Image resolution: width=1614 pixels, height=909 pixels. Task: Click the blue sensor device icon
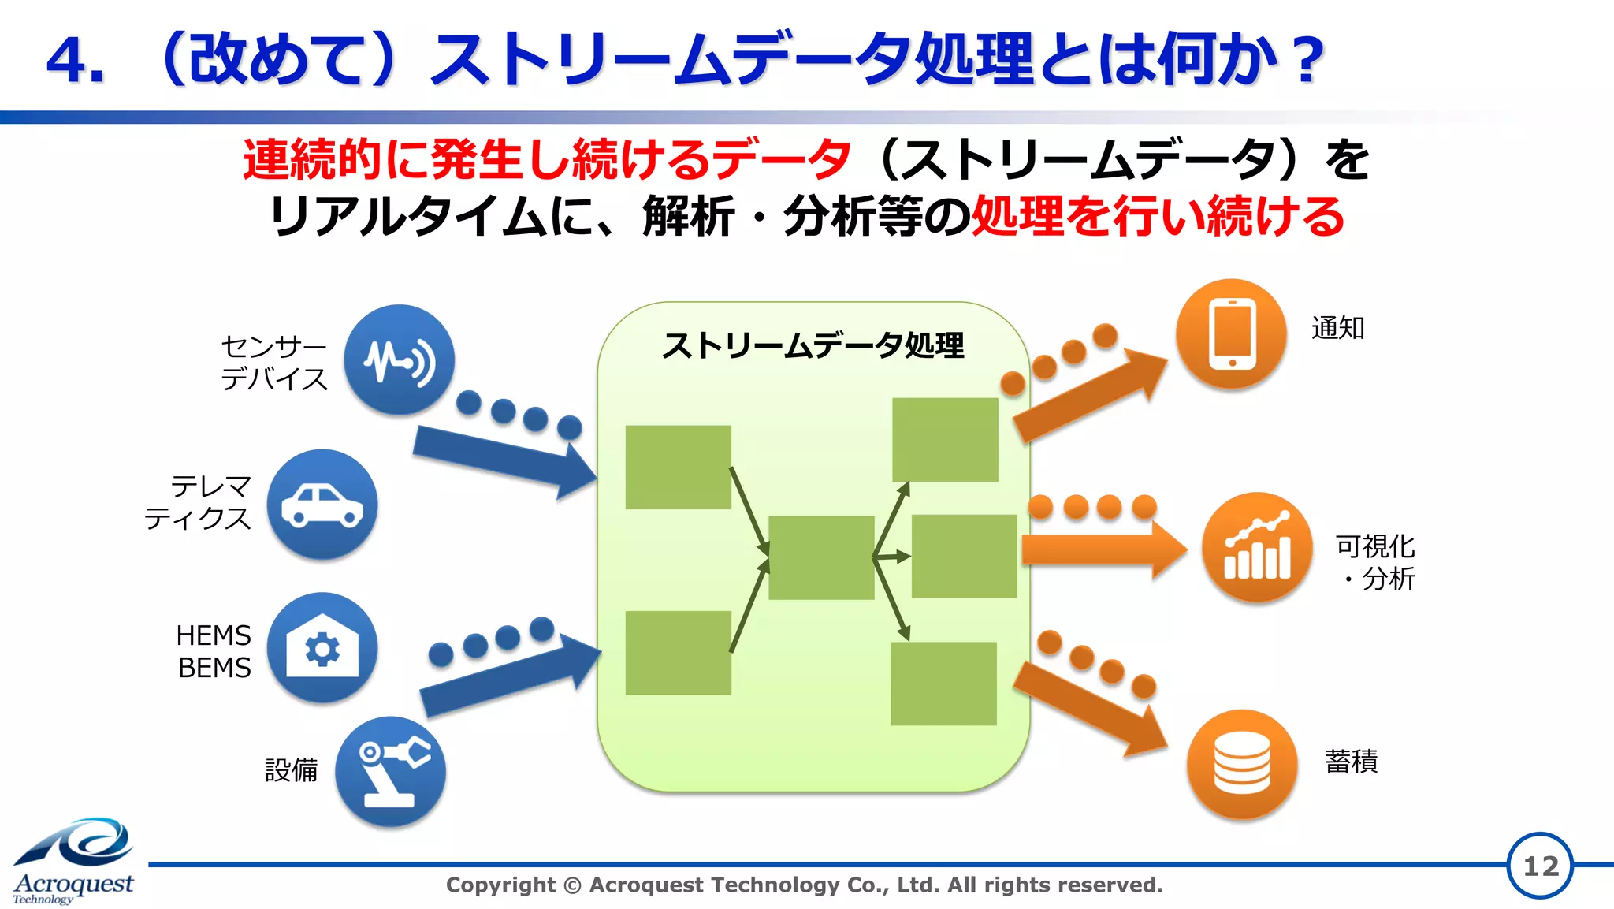pyautogui.click(x=399, y=360)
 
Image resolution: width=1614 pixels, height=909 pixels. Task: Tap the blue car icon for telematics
pyautogui.click(x=322, y=505)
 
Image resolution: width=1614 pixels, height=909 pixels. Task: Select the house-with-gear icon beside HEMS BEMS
pyautogui.click(x=322, y=648)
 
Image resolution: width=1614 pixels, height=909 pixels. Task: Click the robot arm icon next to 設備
pyautogui.click(x=390, y=771)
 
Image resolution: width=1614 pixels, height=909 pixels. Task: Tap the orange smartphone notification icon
pyautogui.click(x=1231, y=333)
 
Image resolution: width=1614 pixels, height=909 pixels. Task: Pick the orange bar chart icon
pyautogui.click(x=1257, y=547)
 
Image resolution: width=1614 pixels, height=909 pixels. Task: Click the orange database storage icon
pyautogui.click(x=1242, y=764)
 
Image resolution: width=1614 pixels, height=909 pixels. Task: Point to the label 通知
pyautogui.click(x=1337, y=328)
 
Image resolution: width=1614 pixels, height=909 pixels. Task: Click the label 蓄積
pyautogui.click(x=1351, y=762)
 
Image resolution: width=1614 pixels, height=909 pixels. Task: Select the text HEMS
pyautogui.click(x=213, y=635)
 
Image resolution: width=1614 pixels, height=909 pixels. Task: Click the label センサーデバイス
pyautogui.click(x=273, y=363)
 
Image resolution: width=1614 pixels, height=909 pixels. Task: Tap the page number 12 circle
pyautogui.click(x=1540, y=866)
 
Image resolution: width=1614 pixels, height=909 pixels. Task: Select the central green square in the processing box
pyautogui.click(x=821, y=557)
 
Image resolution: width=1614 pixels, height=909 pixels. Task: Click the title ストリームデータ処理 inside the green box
pyautogui.click(x=813, y=345)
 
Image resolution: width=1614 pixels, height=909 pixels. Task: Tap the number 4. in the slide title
pyautogui.click(x=76, y=61)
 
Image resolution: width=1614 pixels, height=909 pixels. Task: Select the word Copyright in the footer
pyautogui.click(x=500, y=885)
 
